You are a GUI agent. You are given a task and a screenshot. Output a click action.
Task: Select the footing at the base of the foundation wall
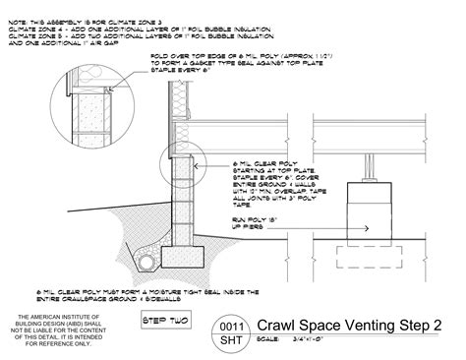181,257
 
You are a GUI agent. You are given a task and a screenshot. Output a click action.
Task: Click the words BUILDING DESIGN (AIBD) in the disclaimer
57,326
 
